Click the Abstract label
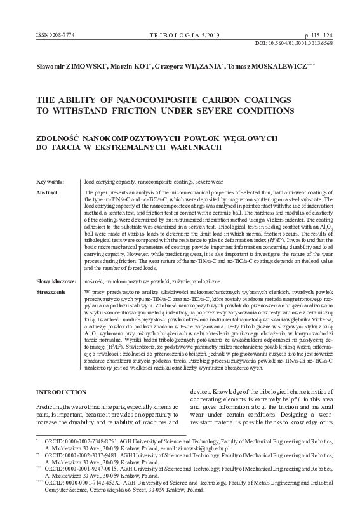[x=47, y=192]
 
